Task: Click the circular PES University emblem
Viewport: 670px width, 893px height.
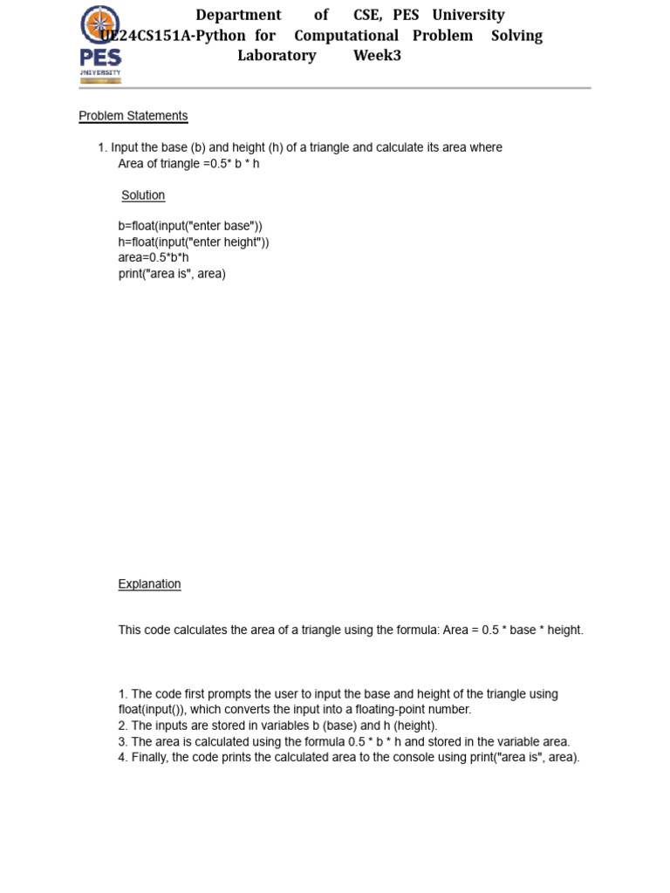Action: click(x=100, y=24)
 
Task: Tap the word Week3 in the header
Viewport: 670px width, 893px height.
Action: click(x=377, y=56)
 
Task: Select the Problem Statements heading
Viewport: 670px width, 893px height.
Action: click(x=133, y=116)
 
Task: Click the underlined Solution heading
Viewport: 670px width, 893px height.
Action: click(x=143, y=195)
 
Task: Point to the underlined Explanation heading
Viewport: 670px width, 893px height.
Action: click(x=149, y=584)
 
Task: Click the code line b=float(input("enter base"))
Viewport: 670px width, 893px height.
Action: click(x=190, y=227)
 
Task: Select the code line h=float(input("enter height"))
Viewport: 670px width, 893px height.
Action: click(x=194, y=242)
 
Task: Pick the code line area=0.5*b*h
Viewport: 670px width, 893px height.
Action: click(x=154, y=258)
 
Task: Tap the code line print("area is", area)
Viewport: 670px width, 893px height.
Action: click(x=172, y=274)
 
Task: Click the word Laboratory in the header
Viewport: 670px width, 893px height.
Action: click(x=277, y=56)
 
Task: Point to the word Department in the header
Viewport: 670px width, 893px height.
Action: click(x=238, y=15)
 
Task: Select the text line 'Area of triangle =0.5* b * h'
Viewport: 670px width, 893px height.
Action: click(x=188, y=164)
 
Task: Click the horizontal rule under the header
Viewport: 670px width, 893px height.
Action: click(x=335, y=88)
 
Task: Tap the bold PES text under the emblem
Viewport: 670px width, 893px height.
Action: click(x=100, y=58)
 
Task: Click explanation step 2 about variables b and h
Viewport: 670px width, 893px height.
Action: click(x=277, y=726)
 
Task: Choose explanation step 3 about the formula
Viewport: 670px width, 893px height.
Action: click(x=344, y=742)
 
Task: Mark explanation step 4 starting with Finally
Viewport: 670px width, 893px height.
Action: click(x=349, y=758)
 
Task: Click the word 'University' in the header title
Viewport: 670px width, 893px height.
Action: click(x=468, y=15)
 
